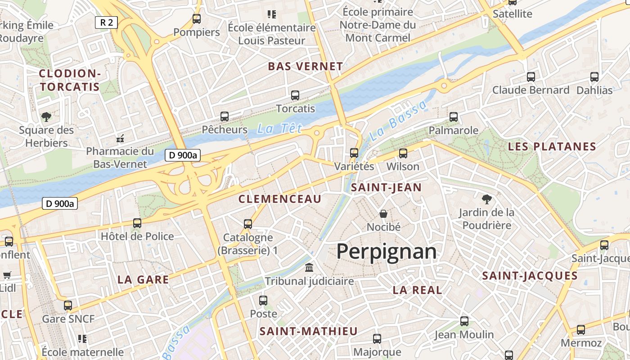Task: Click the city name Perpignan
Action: pos(387,251)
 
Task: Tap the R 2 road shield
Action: pos(106,22)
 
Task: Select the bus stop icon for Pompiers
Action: pos(197,19)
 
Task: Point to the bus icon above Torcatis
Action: pos(295,95)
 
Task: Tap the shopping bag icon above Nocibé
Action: pos(383,214)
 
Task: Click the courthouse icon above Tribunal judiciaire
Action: pos(309,268)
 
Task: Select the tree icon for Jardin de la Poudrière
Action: pos(486,199)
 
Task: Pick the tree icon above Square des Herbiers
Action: pos(46,117)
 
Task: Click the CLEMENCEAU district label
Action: pos(280,199)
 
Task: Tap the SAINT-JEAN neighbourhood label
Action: pos(386,188)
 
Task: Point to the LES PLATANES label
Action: pos(552,147)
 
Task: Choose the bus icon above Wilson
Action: pos(403,153)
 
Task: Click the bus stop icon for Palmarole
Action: pos(454,117)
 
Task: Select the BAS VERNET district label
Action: pos(306,67)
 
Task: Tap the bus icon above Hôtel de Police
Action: pos(137,223)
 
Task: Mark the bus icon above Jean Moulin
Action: pos(464,321)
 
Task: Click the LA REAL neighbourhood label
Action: pos(417,290)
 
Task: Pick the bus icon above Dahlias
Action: pos(594,77)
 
